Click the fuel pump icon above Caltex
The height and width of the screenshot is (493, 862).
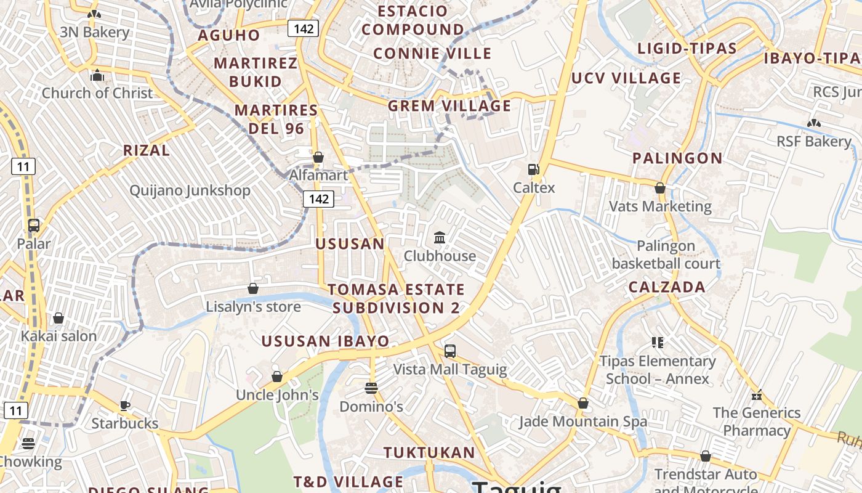pos(534,169)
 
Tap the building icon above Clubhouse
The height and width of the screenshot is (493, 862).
pos(440,237)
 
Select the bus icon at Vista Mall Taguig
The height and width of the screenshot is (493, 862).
pos(450,351)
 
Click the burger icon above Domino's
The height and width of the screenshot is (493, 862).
pos(371,388)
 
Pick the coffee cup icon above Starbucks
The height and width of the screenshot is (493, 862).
pos(125,405)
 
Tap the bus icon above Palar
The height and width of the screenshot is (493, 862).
pos(34,226)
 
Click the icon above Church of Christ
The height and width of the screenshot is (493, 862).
pos(97,76)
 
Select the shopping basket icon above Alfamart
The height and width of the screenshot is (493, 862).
pos(318,157)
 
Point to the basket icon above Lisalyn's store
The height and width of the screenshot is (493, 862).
pos(252,288)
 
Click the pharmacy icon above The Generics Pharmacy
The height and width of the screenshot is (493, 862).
pos(757,394)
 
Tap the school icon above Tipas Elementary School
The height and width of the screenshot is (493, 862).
pos(658,343)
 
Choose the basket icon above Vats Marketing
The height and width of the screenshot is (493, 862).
pos(660,188)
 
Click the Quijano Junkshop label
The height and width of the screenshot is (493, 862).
pos(190,190)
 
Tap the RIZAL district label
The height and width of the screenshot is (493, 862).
pos(147,150)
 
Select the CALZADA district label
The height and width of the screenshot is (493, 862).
pos(667,287)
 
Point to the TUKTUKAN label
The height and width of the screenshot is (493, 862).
pos(429,453)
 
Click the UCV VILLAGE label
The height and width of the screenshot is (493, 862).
pos(626,78)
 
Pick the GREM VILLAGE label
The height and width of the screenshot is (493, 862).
pos(449,106)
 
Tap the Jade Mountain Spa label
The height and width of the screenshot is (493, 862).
pos(583,422)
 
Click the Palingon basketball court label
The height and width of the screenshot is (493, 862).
pos(666,255)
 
